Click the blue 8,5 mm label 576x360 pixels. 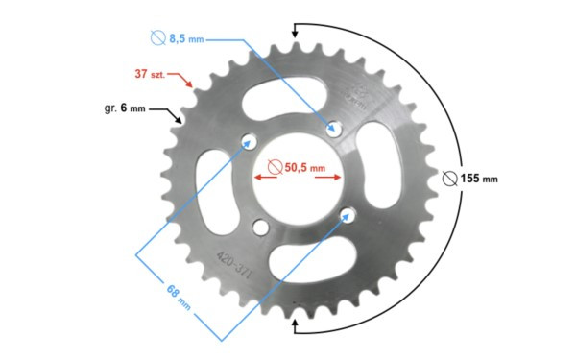coord(186,38)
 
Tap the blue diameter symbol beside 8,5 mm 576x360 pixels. coord(158,37)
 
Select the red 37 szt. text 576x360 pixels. coord(150,74)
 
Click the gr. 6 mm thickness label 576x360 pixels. coord(125,108)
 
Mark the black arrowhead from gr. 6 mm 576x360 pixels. coord(178,119)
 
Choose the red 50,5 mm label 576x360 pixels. coord(305,167)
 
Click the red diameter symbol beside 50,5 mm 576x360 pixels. coord(276,167)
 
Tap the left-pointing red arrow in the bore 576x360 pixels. coord(266,178)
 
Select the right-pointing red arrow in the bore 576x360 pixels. coord(328,178)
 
